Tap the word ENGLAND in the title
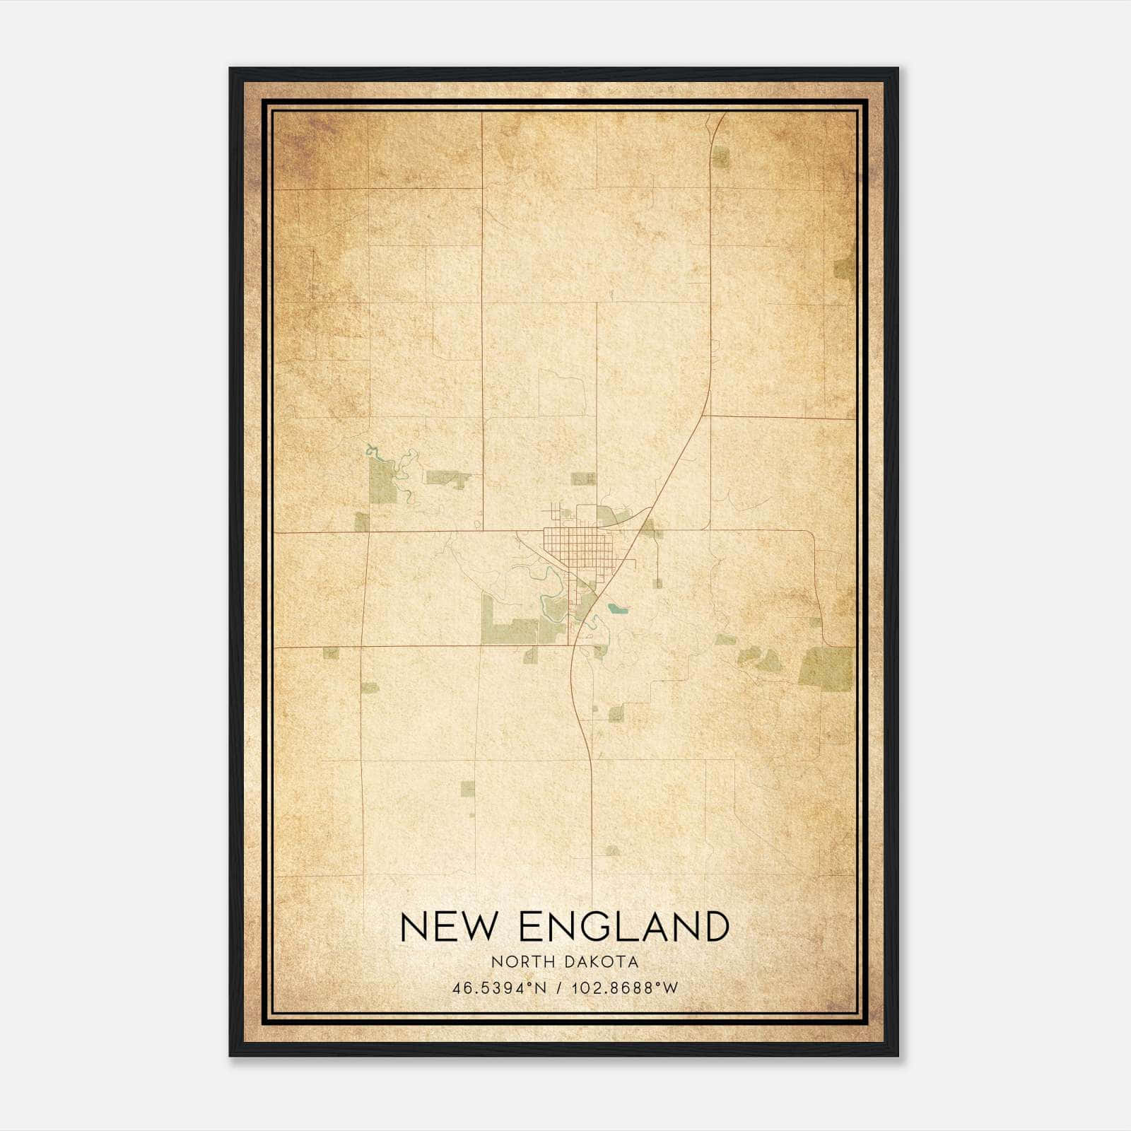pyautogui.click(x=623, y=927)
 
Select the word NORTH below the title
pyautogui.click(x=525, y=962)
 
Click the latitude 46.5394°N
pyautogui.click(x=499, y=988)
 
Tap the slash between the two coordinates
pyautogui.click(x=559, y=988)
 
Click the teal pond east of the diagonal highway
pyautogui.click(x=617, y=607)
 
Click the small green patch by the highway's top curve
pyautogui.click(x=720, y=157)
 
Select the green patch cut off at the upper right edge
pyautogui.click(x=844, y=268)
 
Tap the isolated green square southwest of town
pyautogui.click(x=467, y=788)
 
